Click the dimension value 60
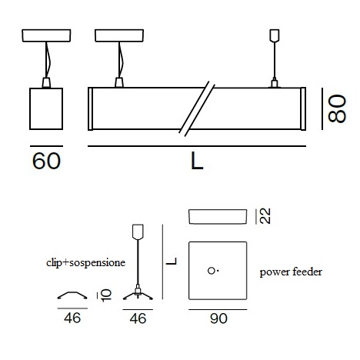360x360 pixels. (x=46, y=161)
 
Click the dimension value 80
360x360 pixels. (x=337, y=108)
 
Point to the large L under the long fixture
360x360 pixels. (x=197, y=161)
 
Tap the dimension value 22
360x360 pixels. (x=265, y=216)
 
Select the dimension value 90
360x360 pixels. (x=218, y=318)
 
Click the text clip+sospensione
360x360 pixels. (x=85, y=263)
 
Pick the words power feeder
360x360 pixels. (x=291, y=272)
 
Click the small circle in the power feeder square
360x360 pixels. (x=211, y=271)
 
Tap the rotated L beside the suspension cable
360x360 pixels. (x=172, y=262)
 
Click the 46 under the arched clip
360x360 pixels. (x=72, y=318)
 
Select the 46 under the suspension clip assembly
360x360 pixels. (x=138, y=318)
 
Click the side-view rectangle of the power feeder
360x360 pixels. (x=218, y=217)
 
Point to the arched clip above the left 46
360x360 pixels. (x=72, y=295)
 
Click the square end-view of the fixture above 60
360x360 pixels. (x=46, y=108)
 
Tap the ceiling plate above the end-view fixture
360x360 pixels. (x=46, y=35)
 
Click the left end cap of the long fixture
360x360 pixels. (x=90, y=108)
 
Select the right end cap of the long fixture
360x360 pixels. (x=303, y=108)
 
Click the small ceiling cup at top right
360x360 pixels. (x=275, y=35)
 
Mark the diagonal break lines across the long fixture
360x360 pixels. (x=197, y=108)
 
